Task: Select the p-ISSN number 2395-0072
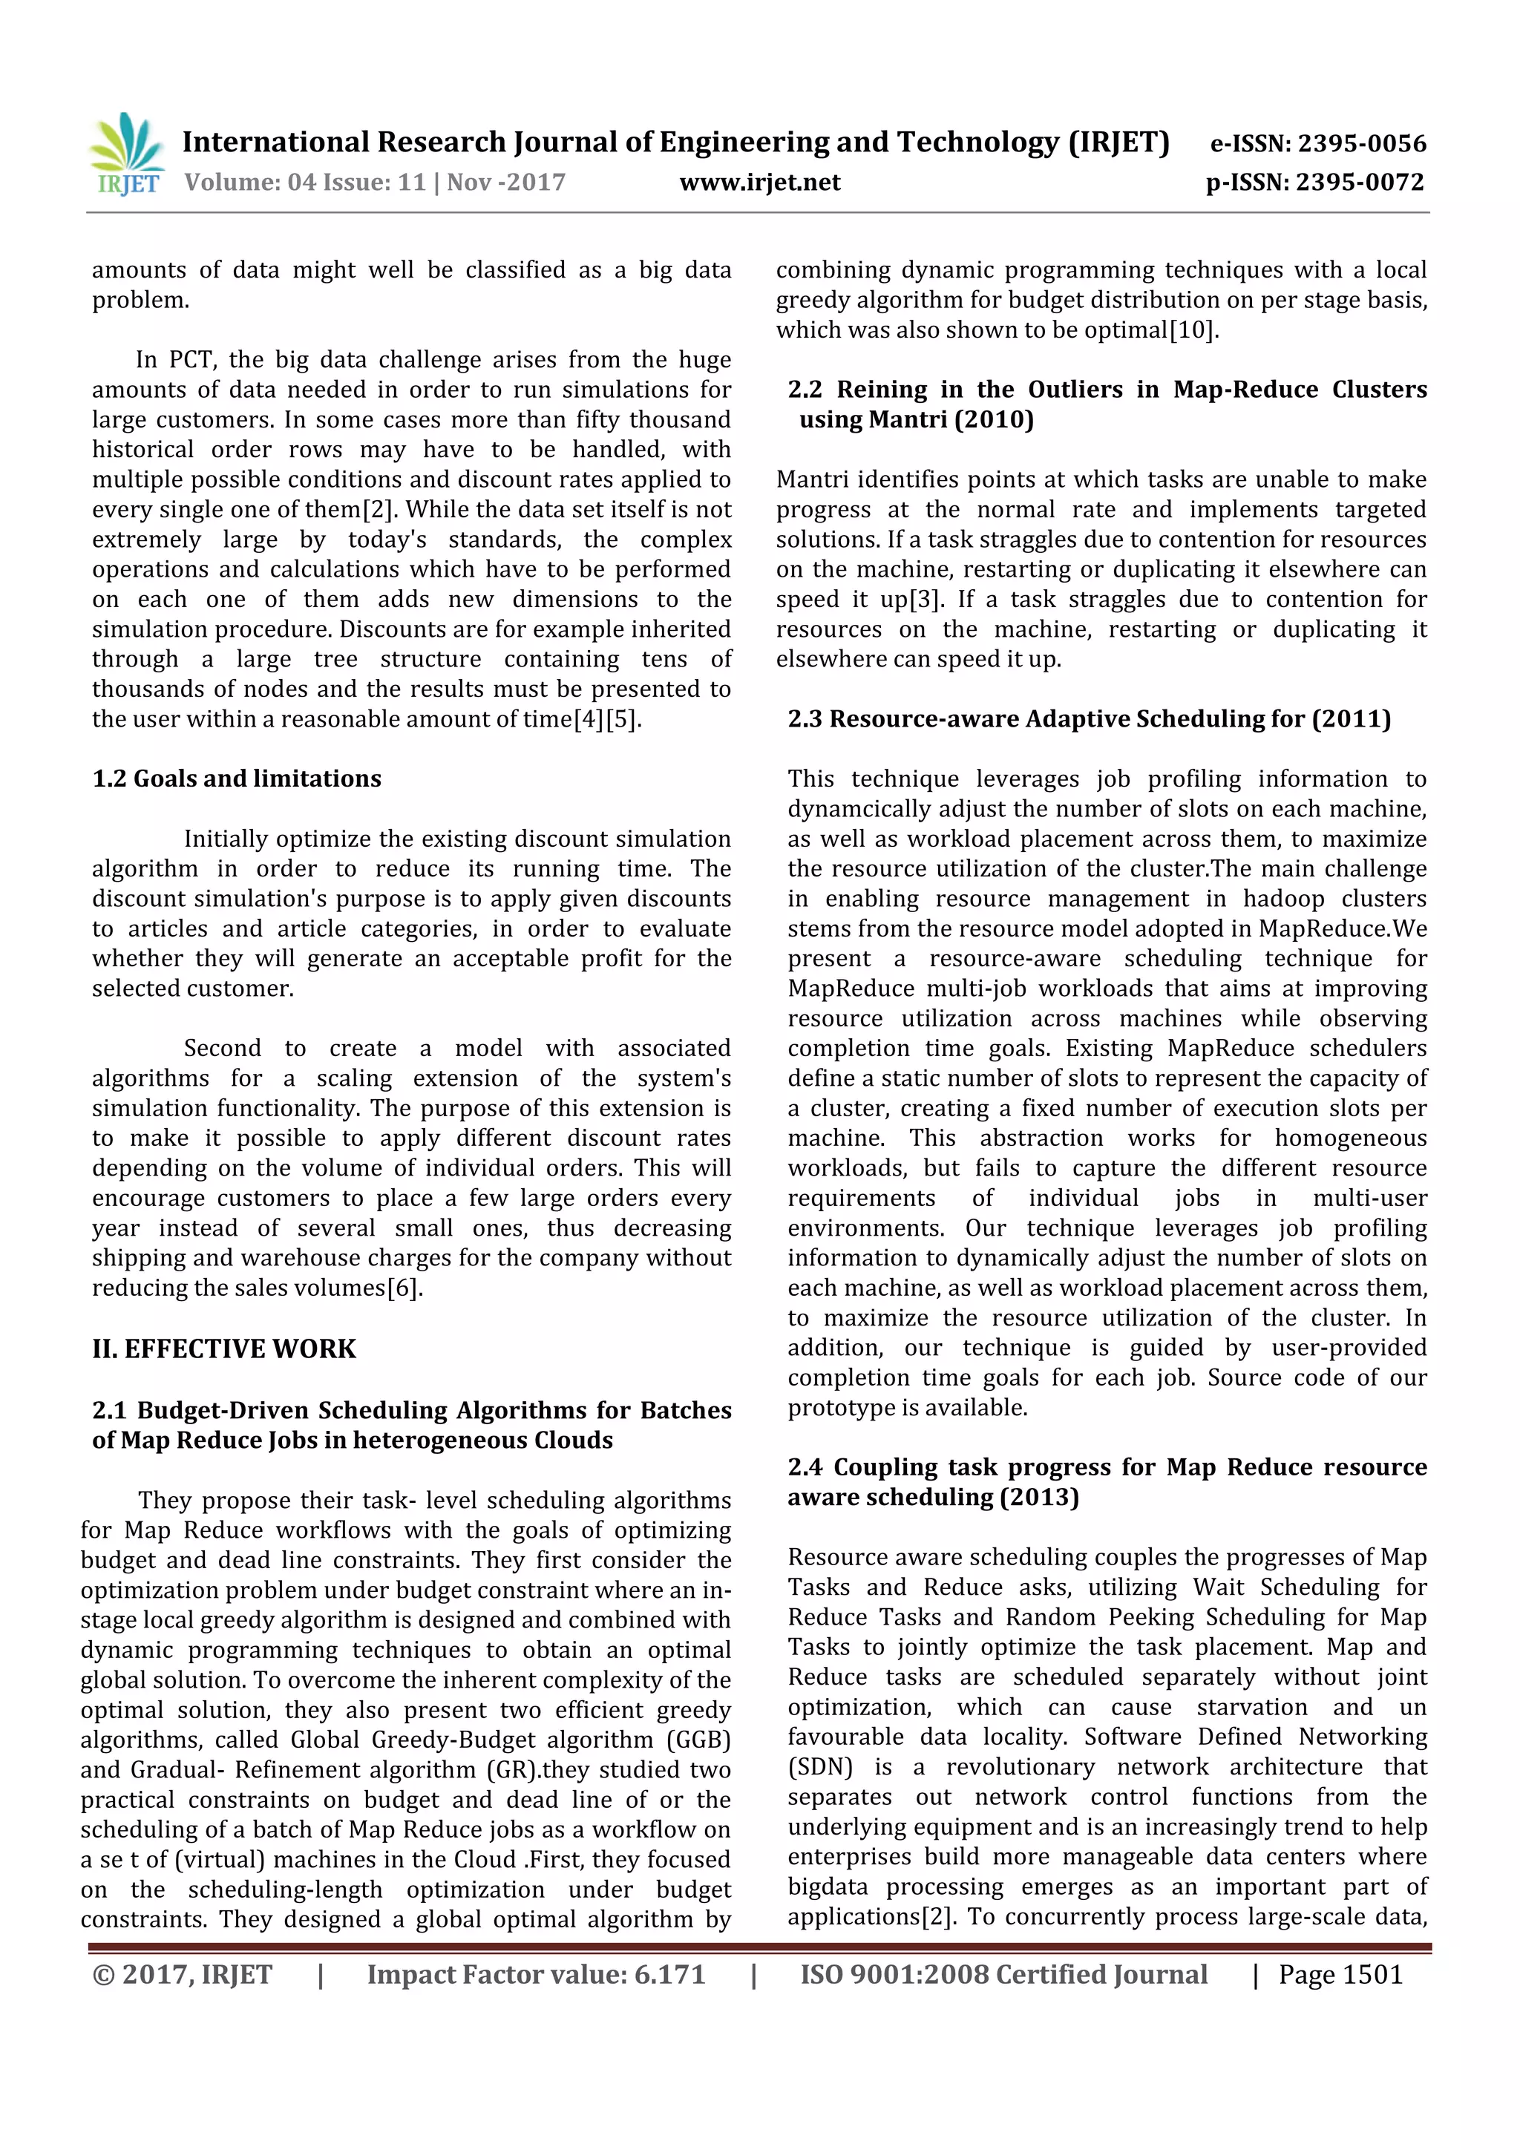click(x=1359, y=183)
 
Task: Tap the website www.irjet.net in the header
click(x=759, y=183)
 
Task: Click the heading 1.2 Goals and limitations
click(x=236, y=779)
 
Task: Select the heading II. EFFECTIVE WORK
click(x=224, y=1349)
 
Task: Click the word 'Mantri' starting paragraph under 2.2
click(x=812, y=480)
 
